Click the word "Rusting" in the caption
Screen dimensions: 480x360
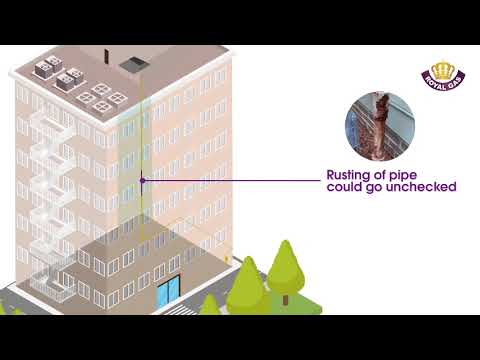tap(350, 175)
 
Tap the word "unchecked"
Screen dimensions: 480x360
tap(421, 187)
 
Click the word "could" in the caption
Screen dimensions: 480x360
tap(346, 187)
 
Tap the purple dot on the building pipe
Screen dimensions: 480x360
tap(143, 181)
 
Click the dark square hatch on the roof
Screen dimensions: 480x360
tap(132, 65)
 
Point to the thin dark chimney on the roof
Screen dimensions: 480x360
tap(105, 52)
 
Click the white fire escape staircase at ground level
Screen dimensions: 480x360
tap(50, 285)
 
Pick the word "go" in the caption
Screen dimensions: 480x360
tap(376, 187)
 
